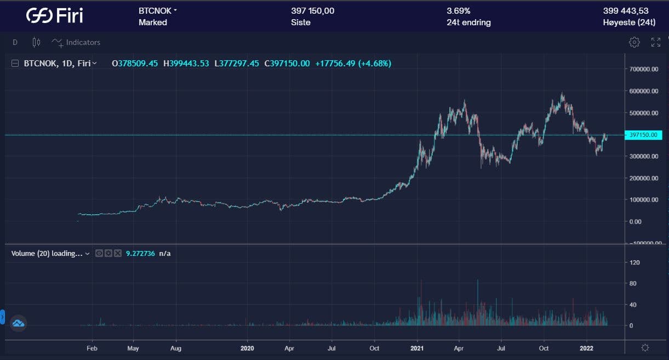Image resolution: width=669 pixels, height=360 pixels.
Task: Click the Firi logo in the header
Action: click(x=55, y=15)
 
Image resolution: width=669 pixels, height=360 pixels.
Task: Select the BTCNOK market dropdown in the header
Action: click(x=158, y=11)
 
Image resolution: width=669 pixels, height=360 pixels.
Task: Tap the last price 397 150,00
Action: click(x=312, y=11)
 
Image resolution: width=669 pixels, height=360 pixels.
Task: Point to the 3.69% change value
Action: click(x=459, y=11)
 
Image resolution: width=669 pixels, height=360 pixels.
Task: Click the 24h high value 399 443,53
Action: click(x=626, y=11)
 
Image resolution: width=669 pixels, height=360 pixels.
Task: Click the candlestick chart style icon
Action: click(x=37, y=42)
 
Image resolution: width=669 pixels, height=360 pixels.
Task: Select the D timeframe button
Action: click(x=15, y=42)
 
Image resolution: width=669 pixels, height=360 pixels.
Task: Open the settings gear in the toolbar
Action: click(x=634, y=42)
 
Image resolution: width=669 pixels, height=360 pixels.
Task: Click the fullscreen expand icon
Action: click(x=655, y=42)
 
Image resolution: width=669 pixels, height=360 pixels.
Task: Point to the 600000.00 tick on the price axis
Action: click(x=644, y=91)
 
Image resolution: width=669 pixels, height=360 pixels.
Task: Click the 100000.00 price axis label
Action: click(x=644, y=199)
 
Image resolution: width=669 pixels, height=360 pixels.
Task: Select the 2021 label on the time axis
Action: click(x=418, y=348)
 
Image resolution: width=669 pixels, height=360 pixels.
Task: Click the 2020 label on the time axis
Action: click(x=247, y=348)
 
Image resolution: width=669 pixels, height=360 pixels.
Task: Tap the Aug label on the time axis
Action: click(x=176, y=348)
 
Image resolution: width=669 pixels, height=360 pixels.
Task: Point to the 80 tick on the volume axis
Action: click(x=633, y=283)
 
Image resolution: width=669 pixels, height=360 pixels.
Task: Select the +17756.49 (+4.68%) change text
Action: click(x=353, y=64)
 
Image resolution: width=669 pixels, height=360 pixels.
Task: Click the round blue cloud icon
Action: click(x=18, y=323)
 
